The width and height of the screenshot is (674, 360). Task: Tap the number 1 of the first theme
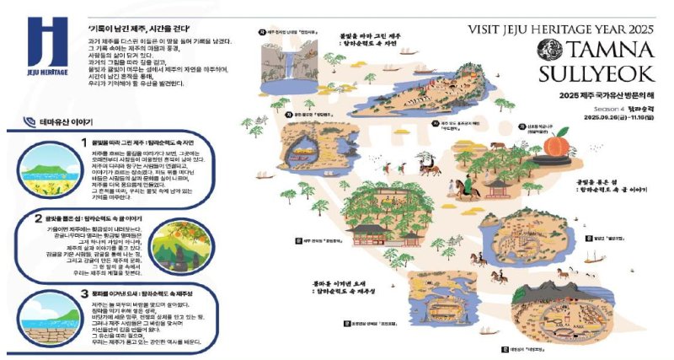point(83,142)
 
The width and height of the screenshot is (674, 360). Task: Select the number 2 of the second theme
point(38,218)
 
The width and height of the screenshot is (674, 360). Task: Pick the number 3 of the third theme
point(83,293)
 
